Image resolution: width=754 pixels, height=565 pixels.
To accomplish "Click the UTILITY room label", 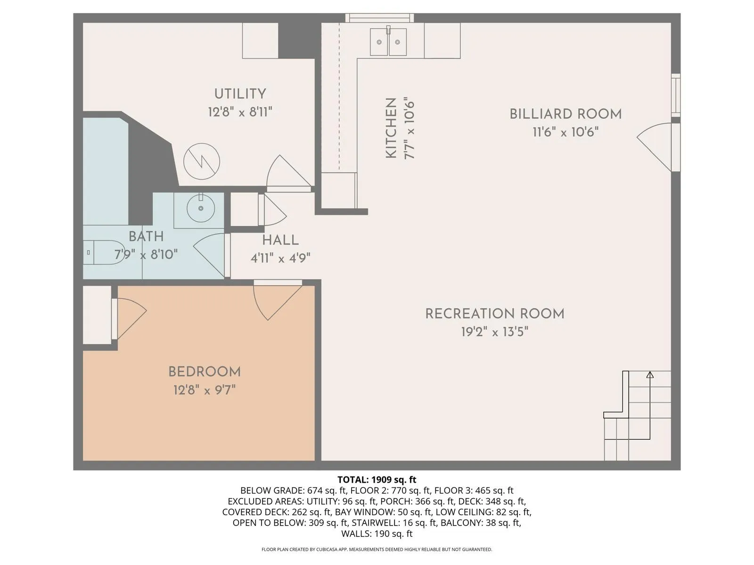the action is point(240,94).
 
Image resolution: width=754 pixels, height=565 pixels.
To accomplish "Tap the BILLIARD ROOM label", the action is point(565,114).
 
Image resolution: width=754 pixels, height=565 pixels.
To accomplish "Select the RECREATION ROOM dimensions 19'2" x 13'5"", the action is point(495,332).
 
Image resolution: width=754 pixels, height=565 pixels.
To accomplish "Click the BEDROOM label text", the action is point(205,372).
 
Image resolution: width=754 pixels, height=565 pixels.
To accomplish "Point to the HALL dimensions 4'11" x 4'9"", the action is point(280,258).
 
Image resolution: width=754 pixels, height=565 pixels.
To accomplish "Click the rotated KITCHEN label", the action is point(391,128).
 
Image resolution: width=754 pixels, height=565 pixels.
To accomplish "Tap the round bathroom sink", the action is point(201,208).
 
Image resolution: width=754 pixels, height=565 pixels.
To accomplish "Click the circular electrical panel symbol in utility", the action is point(202,161).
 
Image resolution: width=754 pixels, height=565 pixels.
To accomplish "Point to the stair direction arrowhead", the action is point(649,375).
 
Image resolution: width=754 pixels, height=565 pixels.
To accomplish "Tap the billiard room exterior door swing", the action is point(656,147).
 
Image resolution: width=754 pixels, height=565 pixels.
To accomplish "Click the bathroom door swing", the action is point(210,255).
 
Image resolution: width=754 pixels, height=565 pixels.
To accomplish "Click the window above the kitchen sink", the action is point(379,18).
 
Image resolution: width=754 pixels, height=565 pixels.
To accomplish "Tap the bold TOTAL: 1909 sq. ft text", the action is point(377,479).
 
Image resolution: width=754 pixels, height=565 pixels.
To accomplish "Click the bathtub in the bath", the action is point(106,171).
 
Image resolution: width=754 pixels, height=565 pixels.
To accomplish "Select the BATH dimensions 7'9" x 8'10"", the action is point(146,255).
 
